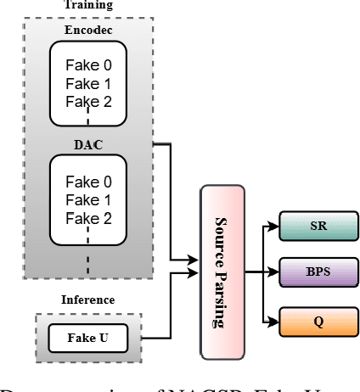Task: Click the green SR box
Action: [x=318, y=227]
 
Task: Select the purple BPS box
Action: [x=318, y=274]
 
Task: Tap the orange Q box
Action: [x=318, y=322]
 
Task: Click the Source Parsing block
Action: [x=222, y=272]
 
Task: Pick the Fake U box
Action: [x=88, y=338]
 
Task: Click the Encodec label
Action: [x=87, y=30]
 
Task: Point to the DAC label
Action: [x=87, y=145]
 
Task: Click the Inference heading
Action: [x=87, y=300]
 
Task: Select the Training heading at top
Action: [x=87, y=5]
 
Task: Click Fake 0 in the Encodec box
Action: [x=88, y=65]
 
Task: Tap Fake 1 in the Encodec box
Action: [x=88, y=83]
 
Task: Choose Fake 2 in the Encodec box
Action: [x=88, y=102]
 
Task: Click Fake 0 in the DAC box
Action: [x=88, y=182]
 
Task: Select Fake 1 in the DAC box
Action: [x=88, y=200]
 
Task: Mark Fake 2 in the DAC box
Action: [x=88, y=218]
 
